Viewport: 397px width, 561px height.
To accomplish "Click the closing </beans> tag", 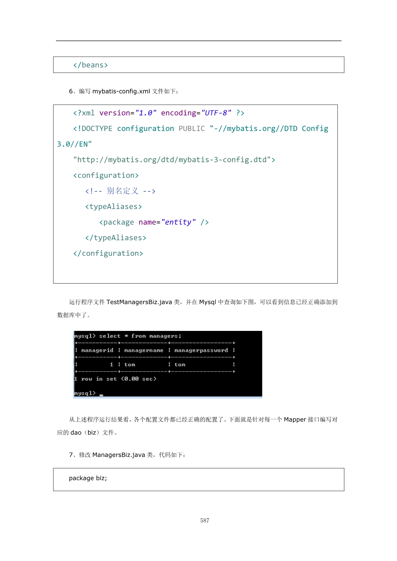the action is [x=91, y=65].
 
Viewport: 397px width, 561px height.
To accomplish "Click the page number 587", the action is [x=205, y=520].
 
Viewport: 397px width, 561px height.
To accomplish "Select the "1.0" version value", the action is [x=146, y=113].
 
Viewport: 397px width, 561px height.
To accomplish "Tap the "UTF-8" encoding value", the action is [x=216, y=113].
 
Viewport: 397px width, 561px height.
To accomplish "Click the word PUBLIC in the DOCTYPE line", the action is [x=192, y=129].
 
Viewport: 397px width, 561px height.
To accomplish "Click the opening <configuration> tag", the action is [x=106, y=175].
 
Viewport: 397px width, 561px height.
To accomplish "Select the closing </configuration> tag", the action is [x=108, y=253].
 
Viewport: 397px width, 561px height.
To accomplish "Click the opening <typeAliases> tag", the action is [x=114, y=207].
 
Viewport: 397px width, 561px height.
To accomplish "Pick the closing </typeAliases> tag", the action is [x=116, y=238].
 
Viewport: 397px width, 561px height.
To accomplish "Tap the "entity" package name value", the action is [x=179, y=222].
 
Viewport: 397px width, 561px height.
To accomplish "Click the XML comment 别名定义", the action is [x=120, y=191].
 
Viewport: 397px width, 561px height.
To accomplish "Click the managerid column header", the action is [x=97, y=350].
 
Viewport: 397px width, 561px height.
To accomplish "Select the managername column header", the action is [x=144, y=350].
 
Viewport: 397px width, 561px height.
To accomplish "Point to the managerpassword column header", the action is [x=201, y=350].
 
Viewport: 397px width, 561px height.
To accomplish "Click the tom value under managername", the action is [x=130, y=365].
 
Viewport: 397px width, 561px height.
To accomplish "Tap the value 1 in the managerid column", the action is [x=111, y=365].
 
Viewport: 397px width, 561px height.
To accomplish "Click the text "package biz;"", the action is [x=88, y=478].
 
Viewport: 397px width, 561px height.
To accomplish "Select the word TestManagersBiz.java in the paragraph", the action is [x=139, y=302].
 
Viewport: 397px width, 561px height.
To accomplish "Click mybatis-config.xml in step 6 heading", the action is [x=121, y=91].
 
